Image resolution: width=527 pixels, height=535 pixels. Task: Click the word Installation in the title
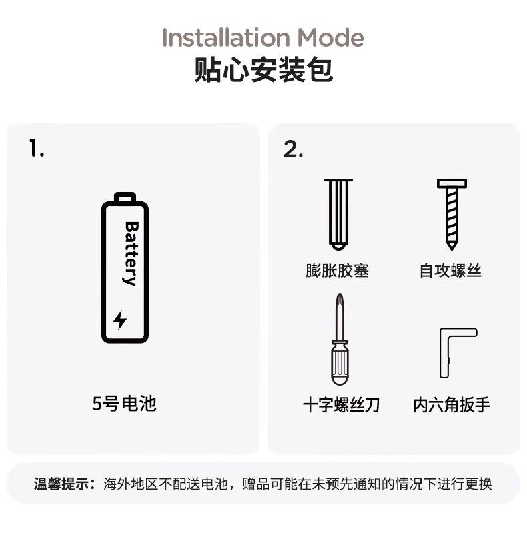coord(226,37)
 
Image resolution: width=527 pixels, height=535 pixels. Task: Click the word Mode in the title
coord(330,37)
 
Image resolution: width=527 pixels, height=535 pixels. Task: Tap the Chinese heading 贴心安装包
coord(263,70)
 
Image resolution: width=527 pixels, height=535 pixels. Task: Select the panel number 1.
coord(37,149)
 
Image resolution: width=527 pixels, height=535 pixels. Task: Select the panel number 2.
coord(293,149)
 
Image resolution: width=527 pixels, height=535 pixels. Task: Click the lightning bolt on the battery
coord(120,320)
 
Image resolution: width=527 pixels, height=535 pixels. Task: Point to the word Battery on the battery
coord(131,254)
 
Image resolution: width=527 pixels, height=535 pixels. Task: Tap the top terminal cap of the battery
coord(125,197)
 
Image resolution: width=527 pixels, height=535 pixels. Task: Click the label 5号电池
coord(124,404)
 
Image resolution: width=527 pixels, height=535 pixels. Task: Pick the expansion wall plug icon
coord(338,214)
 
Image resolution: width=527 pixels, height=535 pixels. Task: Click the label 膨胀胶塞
coord(338,271)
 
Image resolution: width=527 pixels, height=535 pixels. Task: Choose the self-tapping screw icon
coord(452,215)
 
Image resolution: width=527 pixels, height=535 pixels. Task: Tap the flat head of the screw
coord(452,184)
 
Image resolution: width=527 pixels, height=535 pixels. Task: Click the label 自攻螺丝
coord(450,271)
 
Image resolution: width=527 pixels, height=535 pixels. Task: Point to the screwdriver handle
coord(340,363)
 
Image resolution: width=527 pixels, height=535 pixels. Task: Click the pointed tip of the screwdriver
coord(340,294)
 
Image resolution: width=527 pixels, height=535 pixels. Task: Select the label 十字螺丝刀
coord(341,405)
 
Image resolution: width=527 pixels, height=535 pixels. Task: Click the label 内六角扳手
coord(452,405)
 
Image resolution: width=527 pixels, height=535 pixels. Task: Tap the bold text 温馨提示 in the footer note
coord(62,484)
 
